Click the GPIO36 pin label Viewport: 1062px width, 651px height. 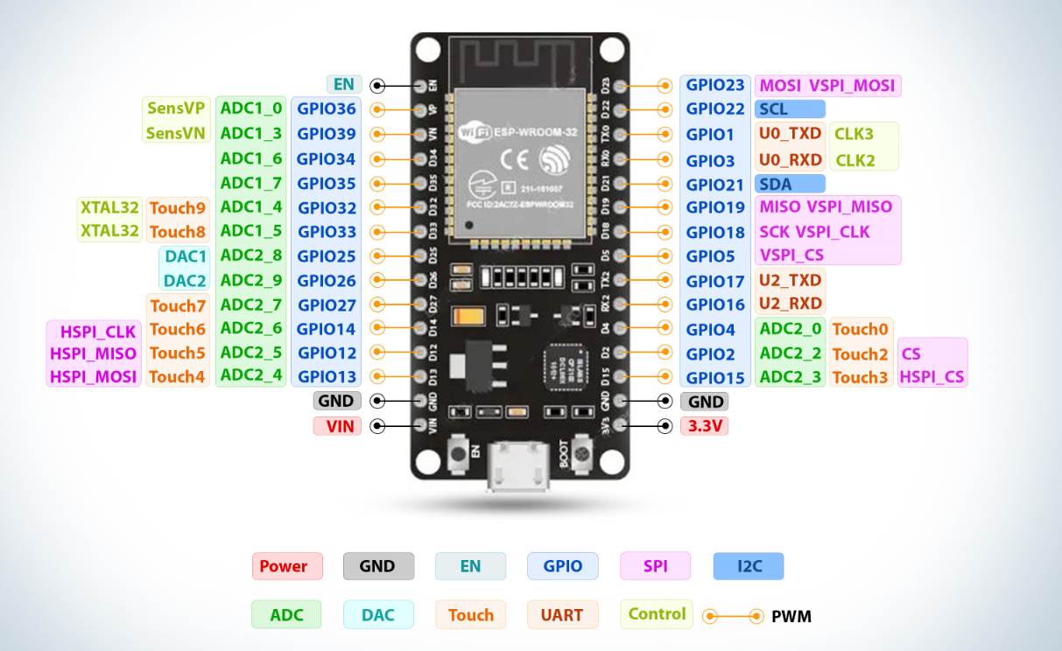pos(326,109)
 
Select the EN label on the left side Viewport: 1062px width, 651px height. pos(344,84)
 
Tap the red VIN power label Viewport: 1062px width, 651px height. pos(338,426)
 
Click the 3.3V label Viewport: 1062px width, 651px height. pos(704,426)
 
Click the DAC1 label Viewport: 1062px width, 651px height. pos(185,256)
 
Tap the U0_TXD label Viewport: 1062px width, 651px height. pos(790,134)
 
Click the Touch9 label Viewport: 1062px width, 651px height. pos(178,208)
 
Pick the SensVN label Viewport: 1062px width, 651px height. pos(176,134)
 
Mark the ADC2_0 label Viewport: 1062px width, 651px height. pos(790,329)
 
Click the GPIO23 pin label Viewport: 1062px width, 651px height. pos(714,85)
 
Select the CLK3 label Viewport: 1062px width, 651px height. pos(854,135)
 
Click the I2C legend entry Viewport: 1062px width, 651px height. pos(749,566)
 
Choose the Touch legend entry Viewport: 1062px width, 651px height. pos(470,615)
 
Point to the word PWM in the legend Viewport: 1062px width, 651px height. pos(791,617)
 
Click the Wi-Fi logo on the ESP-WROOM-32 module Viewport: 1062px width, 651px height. pos(475,131)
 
